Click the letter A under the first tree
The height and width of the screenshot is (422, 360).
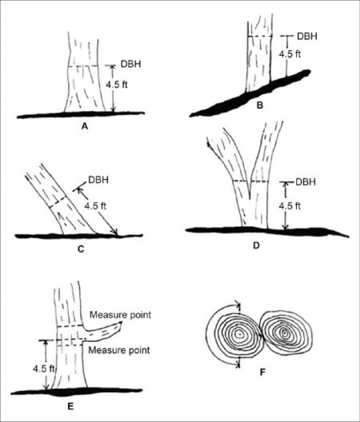click(85, 125)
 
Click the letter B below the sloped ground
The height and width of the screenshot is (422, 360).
click(259, 105)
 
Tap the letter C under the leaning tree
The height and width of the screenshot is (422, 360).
click(81, 249)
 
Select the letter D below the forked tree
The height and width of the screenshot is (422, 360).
click(256, 245)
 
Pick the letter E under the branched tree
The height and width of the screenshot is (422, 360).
click(70, 406)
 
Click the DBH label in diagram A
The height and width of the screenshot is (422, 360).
click(130, 64)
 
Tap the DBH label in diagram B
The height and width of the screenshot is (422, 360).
click(307, 36)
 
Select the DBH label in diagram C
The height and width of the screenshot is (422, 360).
click(98, 180)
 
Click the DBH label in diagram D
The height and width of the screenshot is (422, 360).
click(306, 182)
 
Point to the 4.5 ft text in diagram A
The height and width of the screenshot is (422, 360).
click(117, 85)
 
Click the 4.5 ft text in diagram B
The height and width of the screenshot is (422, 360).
click(290, 54)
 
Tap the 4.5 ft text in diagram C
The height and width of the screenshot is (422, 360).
click(95, 206)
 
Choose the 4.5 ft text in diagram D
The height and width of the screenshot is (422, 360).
click(290, 206)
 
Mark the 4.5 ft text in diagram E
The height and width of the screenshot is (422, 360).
click(44, 368)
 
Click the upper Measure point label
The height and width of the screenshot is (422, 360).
click(120, 315)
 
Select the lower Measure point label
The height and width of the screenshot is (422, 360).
click(119, 350)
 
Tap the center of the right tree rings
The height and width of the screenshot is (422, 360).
click(284, 333)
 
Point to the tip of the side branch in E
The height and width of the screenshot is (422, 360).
click(121, 324)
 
